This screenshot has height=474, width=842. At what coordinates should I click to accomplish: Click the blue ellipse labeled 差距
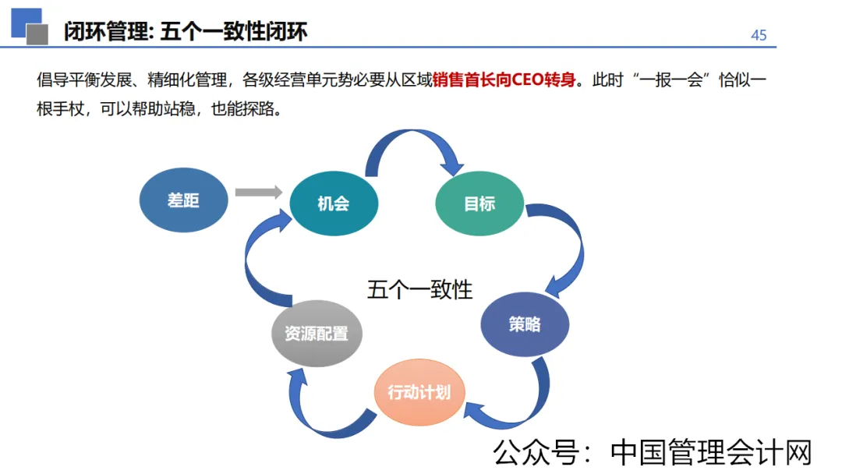point(183,200)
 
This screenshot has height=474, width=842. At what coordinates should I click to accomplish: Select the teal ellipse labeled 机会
point(334,204)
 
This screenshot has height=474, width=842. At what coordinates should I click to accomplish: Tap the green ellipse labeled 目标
point(479,204)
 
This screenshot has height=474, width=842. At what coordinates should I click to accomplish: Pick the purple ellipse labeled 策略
point(525,324)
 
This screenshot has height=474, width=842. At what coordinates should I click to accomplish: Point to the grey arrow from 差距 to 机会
point(258,192)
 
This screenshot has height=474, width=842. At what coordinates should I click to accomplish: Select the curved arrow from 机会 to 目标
point(413,144)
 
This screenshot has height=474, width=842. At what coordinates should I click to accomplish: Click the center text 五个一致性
point(420,289)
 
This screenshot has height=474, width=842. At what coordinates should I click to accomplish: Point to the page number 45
point(758,35)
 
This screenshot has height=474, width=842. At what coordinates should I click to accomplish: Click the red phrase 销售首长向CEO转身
point(507,80)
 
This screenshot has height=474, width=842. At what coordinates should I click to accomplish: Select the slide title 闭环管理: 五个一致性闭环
point(186,31)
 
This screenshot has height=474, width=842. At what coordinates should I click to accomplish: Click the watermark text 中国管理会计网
point(711,452)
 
